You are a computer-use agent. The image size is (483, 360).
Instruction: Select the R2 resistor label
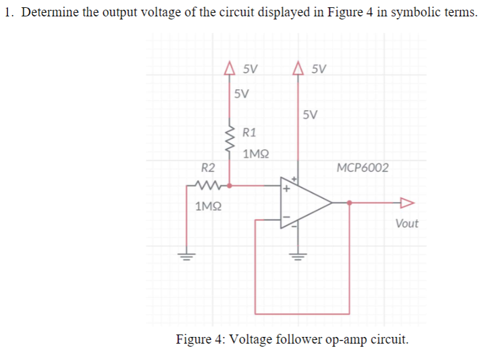tap(208, 167)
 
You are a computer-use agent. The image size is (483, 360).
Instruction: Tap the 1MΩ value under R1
tap(256, 155)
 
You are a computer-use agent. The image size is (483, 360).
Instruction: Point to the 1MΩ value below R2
tap(208, 206)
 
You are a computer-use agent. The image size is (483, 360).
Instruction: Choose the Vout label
tap(406, 223)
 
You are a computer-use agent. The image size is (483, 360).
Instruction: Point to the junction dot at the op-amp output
tap(349, 203)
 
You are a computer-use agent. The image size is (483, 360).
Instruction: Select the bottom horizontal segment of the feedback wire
tap(302, 313)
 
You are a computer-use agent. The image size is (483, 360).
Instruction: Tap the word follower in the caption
tap(290, 338)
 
